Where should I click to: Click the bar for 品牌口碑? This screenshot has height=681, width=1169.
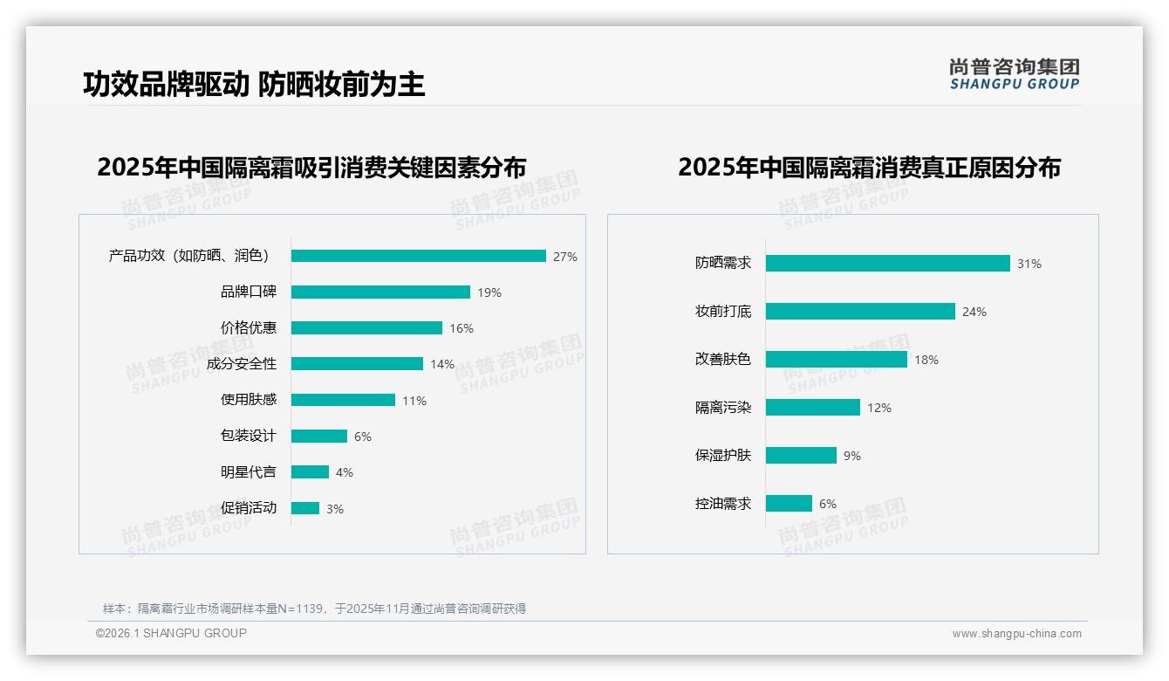(380, 292)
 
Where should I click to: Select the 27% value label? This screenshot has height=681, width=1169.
(564, 257)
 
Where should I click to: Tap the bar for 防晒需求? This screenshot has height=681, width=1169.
(887, 263)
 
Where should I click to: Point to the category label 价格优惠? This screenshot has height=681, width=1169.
(248, 328)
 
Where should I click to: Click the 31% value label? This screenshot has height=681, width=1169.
(1029, 264)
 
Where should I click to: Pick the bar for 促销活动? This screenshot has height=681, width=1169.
(305, 508)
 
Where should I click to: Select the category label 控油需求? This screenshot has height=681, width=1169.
(722, 504)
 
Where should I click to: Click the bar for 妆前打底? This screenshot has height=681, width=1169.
(860, 312)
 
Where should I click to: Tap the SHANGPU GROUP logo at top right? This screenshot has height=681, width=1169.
(1014, 74)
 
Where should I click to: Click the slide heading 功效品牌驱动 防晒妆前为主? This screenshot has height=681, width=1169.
(254, 85)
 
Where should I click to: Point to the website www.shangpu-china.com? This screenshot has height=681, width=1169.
(1016, 634)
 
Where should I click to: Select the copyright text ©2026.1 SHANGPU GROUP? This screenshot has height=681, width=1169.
(171, 633)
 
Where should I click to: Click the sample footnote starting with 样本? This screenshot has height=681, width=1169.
(314, 609)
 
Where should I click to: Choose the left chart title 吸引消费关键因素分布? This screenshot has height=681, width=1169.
(311, 168)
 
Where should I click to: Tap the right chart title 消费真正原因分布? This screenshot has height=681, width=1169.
(869, 168)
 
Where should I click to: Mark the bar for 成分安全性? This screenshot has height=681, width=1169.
(357, 364)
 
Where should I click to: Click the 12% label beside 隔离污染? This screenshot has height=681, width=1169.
(878, 408)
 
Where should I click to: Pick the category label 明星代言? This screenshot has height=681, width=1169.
(248, 472)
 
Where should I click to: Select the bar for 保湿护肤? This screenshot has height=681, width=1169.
(801, 456)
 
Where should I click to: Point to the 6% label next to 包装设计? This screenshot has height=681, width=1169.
(362, 437)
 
